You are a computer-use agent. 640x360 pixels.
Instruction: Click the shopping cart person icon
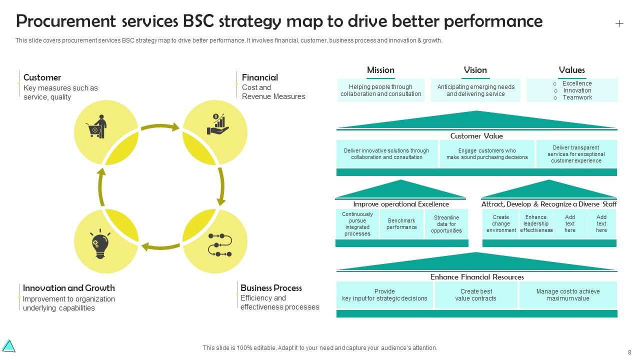pyautogui.click(x=96, y=127)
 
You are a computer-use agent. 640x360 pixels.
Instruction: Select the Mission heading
pyautogui.click(x=380, y=70)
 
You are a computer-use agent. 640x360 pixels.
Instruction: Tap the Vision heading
pyautogui.click(x=475, y=70)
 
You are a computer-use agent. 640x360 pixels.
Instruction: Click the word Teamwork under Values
pyautogui.click(x=577, y=97)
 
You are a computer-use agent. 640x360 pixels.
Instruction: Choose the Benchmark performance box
pyautogui.click(x=401, y=224)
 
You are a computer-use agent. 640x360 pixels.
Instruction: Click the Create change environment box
pyautogui.click(x=501, y=224)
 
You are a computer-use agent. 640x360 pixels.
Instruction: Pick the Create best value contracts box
pyautogui.click(x=476, y=295)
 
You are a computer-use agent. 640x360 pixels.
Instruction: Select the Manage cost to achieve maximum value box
pyautogui.click(x=568, y=295)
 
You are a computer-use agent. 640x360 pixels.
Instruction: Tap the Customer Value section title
pyautogui.click(x=476, y=136)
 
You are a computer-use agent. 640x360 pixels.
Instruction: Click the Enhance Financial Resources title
pyautogui.click(x=477, y=277)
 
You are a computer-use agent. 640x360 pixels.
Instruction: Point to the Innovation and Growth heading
pyautogui.click(x=69, y=288)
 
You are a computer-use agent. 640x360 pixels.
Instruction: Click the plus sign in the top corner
pyautogui.click(x=619, y=23)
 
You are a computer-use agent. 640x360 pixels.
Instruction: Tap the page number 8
pyautogui.click(x=629, y=352)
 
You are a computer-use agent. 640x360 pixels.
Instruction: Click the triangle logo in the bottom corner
pyautogui.click(x=9, y=346)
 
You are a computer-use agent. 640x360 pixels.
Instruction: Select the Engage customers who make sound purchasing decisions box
pyautogui.click(x=487, y=154)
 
